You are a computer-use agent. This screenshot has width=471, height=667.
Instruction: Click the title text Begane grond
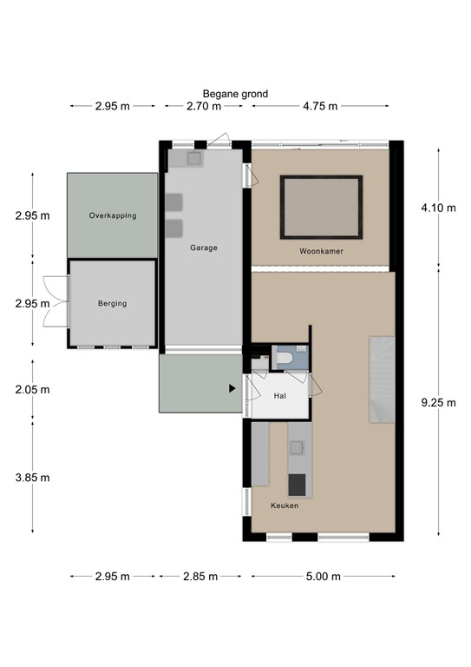[x=235, y=94]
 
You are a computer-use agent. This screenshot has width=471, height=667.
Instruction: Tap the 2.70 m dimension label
[x=203, y=107]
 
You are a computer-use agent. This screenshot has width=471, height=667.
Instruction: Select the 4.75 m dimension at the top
[x=319, y=107]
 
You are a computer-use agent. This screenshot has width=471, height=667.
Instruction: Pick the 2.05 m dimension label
[x=32, y=389]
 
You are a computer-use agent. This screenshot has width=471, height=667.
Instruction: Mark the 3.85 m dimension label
[x=32, y=477]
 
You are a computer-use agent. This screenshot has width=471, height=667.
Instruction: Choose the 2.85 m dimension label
[x=200, y=576]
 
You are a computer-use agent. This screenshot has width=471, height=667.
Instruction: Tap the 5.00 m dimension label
[x=323, y=576]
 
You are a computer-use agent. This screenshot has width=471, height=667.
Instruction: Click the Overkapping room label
[x=113, y=215]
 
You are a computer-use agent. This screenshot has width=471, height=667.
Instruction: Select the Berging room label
[x=112, y=303]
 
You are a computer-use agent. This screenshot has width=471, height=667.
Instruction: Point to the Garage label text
[x=204, y=248]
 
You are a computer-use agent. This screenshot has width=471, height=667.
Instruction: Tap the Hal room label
[x=279, y=395]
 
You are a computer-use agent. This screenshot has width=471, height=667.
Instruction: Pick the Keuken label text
[x=285, y=505]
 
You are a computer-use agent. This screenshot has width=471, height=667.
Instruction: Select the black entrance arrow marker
[x=232, y=389]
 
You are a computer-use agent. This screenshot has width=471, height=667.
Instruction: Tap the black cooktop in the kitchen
[x=297, y=483]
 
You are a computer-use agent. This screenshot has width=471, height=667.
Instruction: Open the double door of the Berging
[x=55, y=301]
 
